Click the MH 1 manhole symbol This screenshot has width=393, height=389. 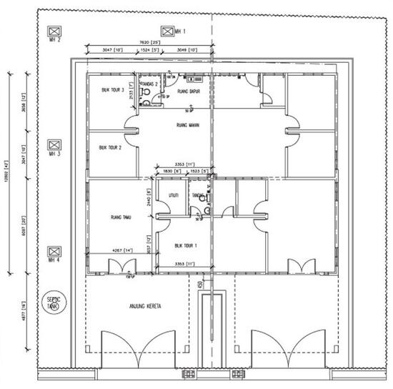167,31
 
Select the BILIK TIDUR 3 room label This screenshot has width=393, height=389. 113,90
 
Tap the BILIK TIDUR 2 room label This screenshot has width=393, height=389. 110,148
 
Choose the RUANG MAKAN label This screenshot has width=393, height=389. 186,124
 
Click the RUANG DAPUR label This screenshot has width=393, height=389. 187,91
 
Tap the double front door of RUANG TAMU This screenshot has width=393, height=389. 117,267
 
